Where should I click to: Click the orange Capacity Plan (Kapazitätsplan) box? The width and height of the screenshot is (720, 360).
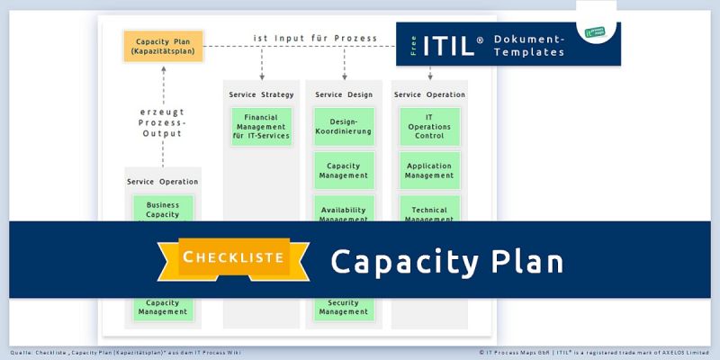click(x=163, y=46)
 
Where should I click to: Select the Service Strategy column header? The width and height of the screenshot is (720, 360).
click(x=261, y=94)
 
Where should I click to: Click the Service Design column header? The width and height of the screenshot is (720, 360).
click(x=344, y=94)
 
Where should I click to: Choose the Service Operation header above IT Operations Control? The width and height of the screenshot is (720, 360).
click(x=429, y=94)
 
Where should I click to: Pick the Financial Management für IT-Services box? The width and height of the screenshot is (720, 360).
click(x=261, y=127)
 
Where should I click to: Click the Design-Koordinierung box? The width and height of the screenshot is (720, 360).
click(x=344, y=127)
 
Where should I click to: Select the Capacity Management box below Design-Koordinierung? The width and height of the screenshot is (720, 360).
click(x=344, y=170)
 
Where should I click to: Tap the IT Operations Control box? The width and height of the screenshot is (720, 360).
click(x=429, y=127)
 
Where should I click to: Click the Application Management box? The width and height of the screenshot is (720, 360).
click(x=429, y=170)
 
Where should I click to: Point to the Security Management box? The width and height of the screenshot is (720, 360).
click(x=344, y=307)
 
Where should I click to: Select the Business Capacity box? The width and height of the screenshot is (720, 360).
click(x=163, y=209)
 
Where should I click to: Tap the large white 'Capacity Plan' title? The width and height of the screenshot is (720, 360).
click(x=446, y=260)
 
